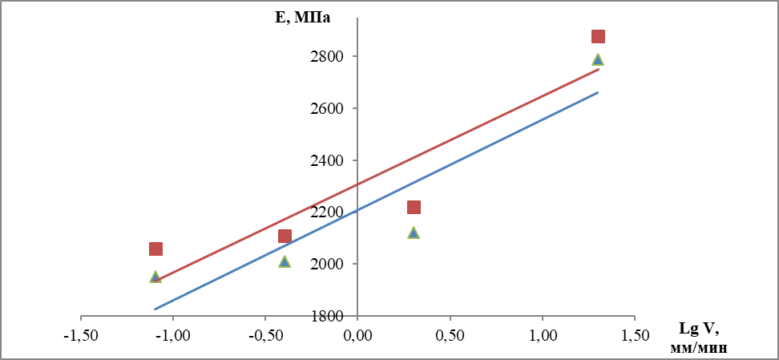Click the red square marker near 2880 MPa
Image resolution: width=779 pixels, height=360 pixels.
[598, 36]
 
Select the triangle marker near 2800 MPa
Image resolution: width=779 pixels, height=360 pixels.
[598, 59]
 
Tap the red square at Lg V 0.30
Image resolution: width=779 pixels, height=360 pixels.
[414, 207]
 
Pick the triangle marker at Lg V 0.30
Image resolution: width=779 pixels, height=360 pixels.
[414, 233]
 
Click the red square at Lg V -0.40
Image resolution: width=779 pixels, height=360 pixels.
[285, 236]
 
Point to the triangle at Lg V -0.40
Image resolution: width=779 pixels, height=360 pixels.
[285, 261]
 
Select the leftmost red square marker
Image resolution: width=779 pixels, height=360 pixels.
[155, 249]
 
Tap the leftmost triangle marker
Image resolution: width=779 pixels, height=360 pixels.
[155, 277]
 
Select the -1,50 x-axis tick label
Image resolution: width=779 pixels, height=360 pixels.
[80, 334]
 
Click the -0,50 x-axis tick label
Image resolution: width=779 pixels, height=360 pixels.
[264, 334]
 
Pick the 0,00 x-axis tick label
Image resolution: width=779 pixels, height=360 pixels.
[357, 334]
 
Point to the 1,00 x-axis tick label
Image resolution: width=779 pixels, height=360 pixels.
[542, 334]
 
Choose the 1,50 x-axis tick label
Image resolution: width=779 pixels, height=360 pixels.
[635, 334]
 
